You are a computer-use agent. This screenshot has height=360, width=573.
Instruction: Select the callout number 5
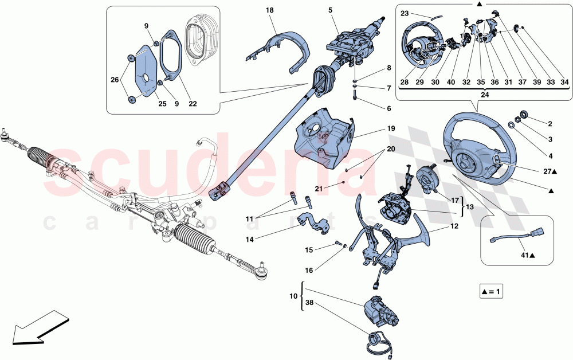pyautogui.click(x=330, y=10)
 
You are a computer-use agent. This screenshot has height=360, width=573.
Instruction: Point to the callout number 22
pyautogui.click(x=193, y=104)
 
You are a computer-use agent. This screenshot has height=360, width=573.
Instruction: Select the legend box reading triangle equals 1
pyautogui.click(x=491, y=292)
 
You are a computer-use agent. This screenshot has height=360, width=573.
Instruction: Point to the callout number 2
pyautogui.click(x=550, y=123)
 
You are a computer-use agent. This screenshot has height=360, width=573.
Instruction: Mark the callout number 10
pyautogui.click(x=293, y=296)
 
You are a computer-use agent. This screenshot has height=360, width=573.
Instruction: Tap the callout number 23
pyautogui.click(x=405, y=13)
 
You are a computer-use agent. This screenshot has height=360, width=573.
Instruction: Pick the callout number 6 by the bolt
pyautogui.click(x=389, y=108)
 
